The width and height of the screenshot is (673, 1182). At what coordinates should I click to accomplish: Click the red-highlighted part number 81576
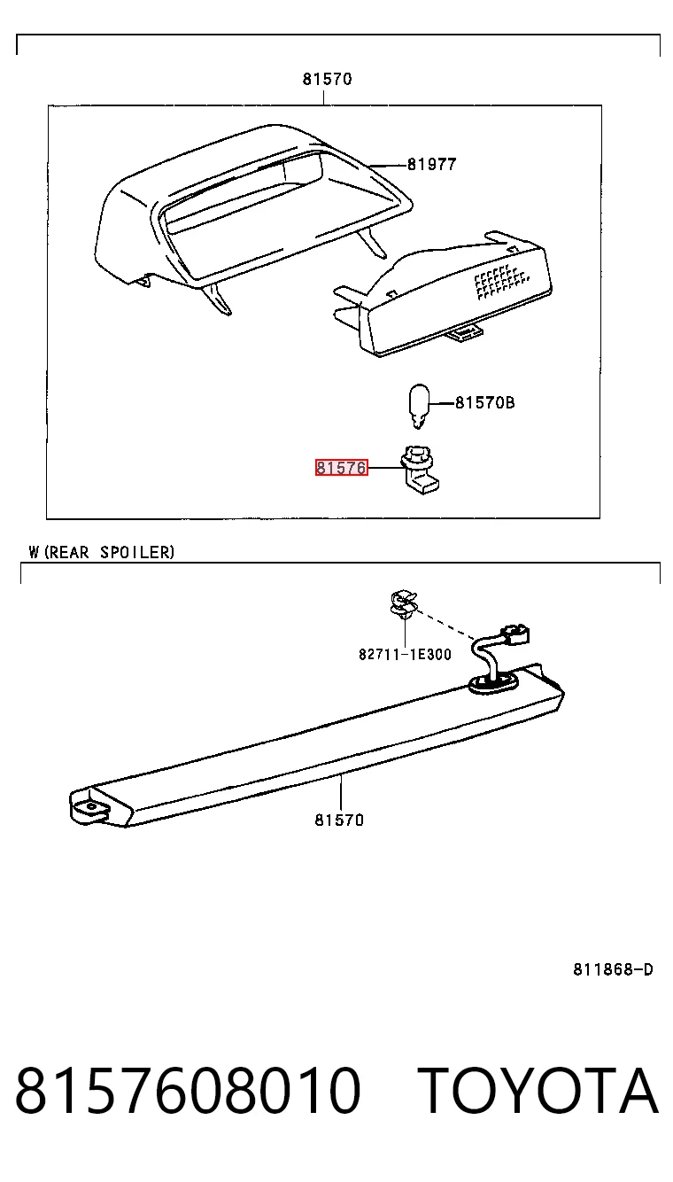[341, 468]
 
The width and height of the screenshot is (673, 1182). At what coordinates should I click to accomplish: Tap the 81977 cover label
[431, 165]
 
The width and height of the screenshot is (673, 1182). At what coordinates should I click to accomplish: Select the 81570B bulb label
[484, 402]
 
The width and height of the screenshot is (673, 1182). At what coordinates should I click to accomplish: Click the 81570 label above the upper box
[327, 79]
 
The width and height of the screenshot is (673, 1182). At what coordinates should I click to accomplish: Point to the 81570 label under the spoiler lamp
[339, 820]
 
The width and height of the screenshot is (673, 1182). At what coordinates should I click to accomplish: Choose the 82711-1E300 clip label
[405, 654]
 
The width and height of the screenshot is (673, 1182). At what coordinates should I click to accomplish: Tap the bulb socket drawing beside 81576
[420, 470]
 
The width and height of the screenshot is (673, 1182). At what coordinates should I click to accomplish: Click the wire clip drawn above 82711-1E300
[404, 605]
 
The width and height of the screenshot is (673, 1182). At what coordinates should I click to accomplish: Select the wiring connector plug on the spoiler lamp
[515, 634]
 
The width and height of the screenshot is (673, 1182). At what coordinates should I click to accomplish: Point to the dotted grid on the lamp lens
[500, 281]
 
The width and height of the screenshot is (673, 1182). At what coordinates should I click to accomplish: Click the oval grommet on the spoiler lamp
[493, 684]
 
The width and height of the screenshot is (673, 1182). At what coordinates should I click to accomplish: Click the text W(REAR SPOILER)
[101, 552]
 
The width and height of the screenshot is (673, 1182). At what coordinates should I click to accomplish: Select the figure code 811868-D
[613, 969]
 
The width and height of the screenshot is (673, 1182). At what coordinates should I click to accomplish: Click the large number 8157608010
[188, 1091]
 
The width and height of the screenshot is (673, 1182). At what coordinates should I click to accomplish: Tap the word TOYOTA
[538, 1091]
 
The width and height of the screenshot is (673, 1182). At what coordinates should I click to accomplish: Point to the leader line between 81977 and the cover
[388, 165]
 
